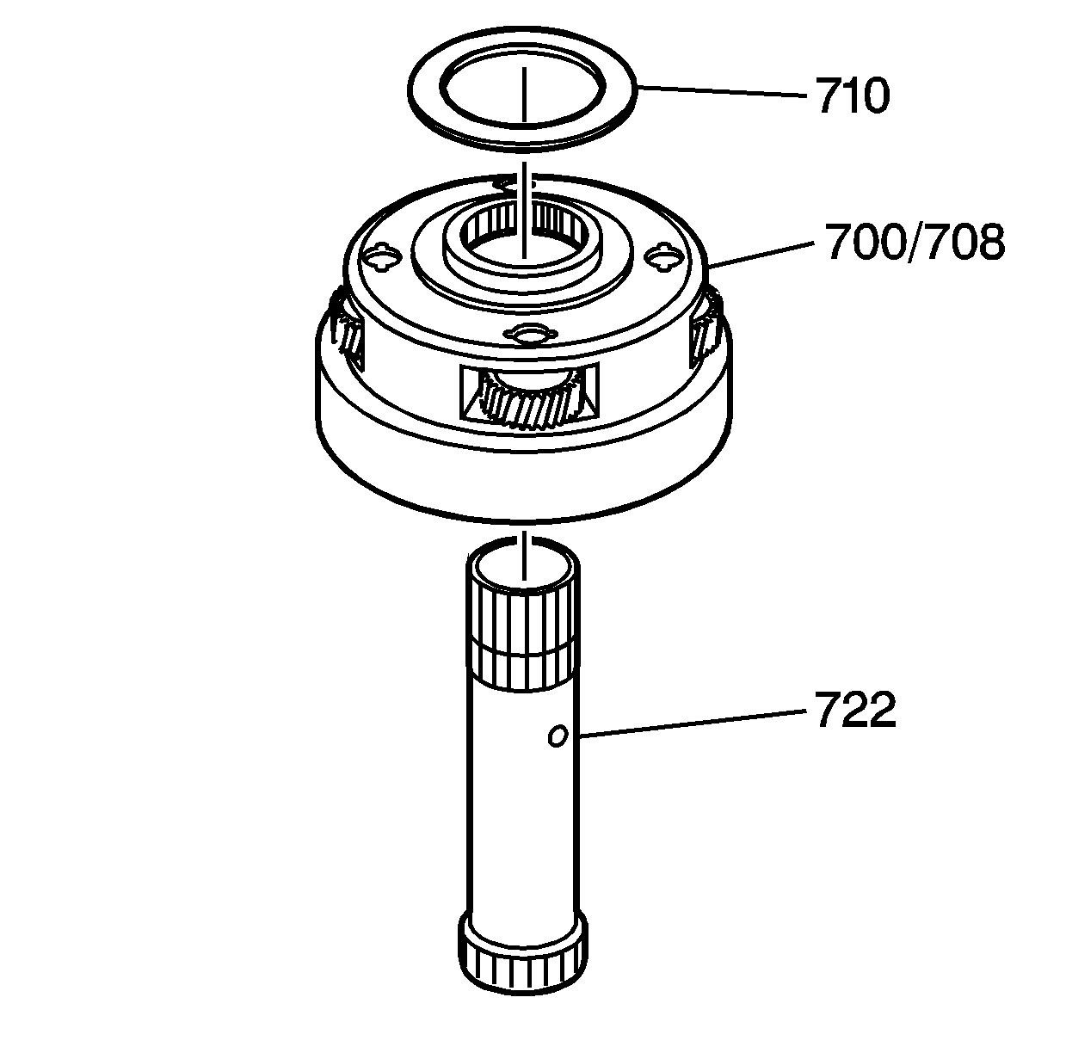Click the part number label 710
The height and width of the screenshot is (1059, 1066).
coord(853,96)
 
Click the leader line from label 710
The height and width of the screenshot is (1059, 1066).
coord(723,89)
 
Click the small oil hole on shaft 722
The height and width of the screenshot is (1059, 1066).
coord(558,736)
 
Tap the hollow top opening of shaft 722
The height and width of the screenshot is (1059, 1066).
coord(522,568)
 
